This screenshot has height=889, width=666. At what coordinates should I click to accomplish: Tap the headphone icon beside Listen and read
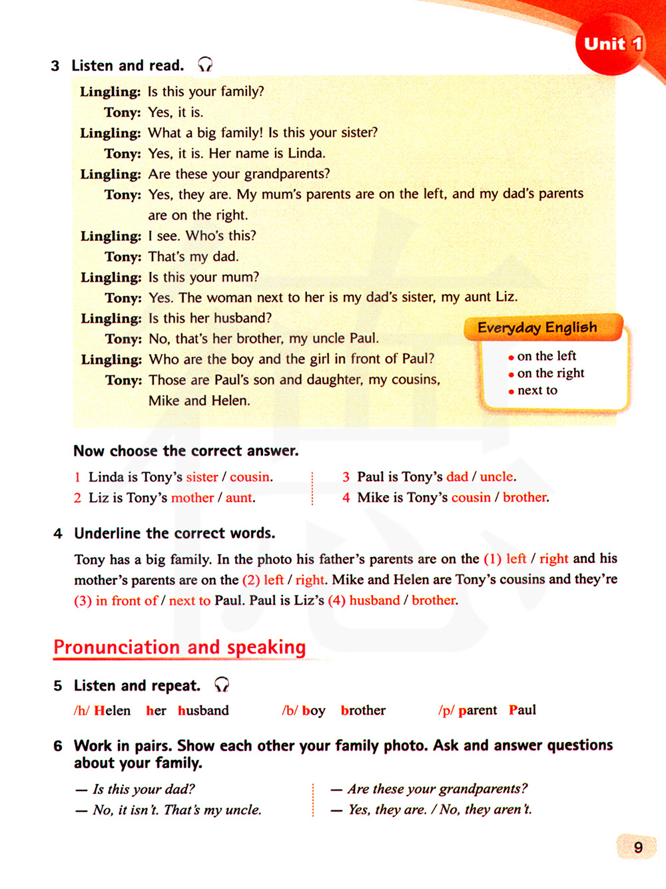tap(205, 65)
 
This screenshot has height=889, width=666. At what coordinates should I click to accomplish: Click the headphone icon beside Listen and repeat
tap(222, 684)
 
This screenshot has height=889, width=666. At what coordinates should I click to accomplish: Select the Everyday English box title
tap(537, 327)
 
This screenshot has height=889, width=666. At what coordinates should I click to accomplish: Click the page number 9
tap(638, 847)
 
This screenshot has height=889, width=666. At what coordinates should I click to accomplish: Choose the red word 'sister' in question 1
tap(202, 477)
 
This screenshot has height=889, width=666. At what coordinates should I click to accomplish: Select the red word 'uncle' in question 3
tap(497, 477)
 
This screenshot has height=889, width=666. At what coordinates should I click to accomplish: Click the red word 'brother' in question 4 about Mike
tap(525, 497)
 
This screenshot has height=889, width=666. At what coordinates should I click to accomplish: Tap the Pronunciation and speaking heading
tap(180, 647)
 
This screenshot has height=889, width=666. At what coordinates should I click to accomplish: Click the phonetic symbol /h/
tap(81, 711)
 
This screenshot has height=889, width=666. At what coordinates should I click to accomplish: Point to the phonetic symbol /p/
tap(446, 711)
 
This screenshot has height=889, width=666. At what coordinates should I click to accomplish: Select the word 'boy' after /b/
tap(313, 711)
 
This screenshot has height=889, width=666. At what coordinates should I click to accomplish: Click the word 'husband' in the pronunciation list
tap(203, 711)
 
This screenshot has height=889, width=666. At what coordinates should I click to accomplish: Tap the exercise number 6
tap(58, 746)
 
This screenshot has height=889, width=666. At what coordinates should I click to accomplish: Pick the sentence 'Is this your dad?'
tap(143, 789)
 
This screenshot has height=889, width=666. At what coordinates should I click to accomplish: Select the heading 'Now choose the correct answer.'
tap(186, 451)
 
